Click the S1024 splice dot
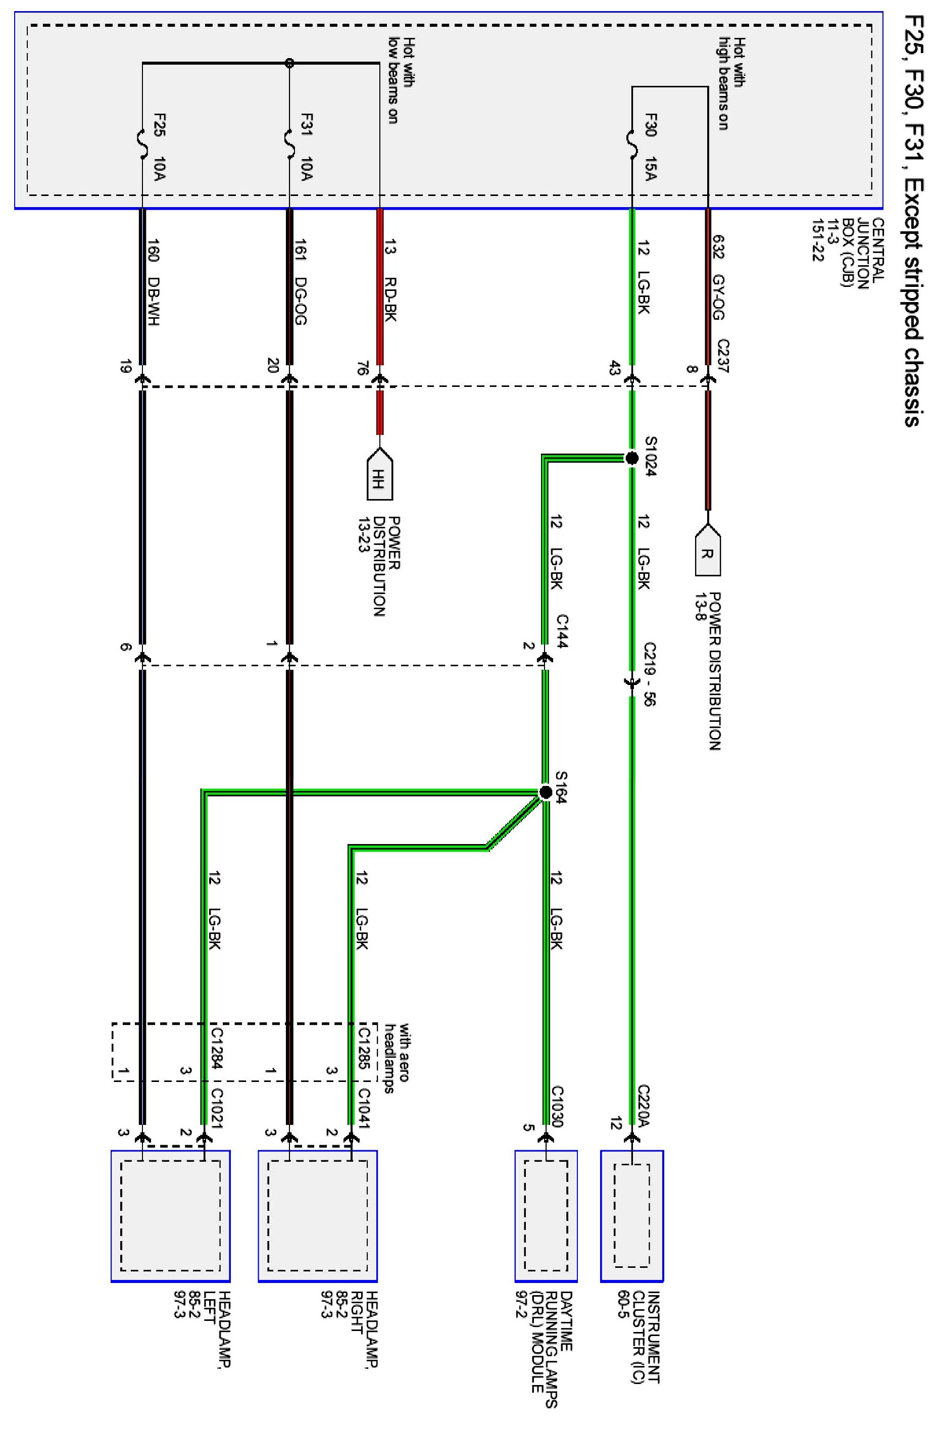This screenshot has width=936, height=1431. (631, 459)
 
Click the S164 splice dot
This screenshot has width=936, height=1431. (545, 792)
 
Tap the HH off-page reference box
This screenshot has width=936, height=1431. (379, 479)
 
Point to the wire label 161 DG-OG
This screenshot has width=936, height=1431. (301, 282)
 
